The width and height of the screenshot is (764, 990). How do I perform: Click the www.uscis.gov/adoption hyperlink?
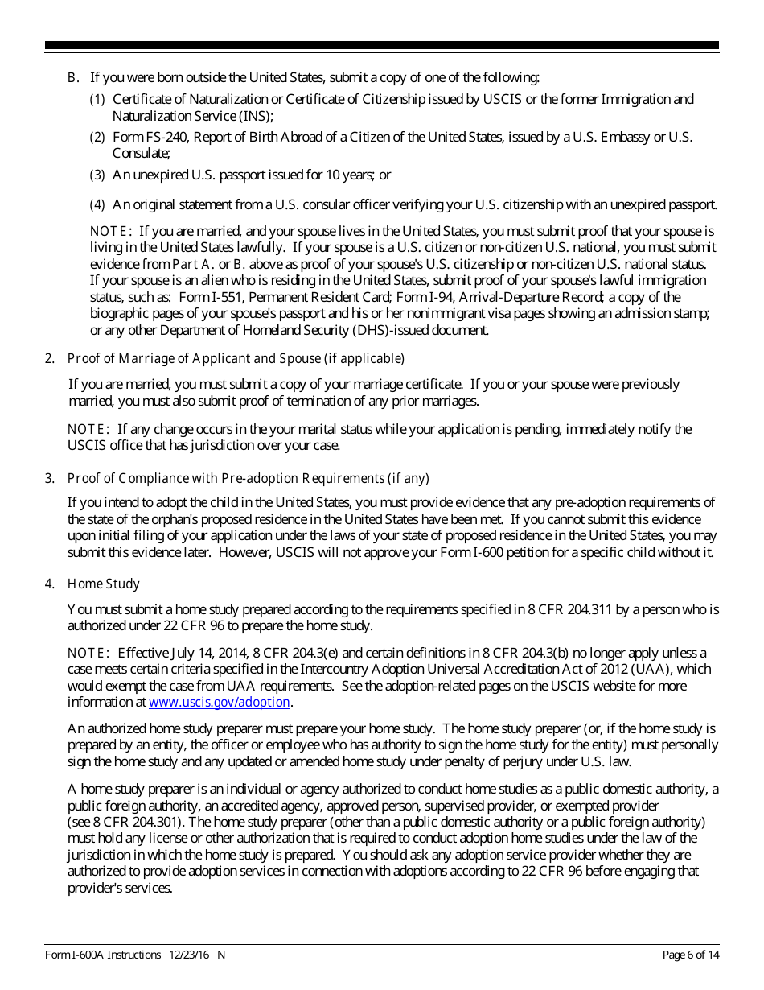(220, 702)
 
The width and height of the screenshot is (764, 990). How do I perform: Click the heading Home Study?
(104, 584)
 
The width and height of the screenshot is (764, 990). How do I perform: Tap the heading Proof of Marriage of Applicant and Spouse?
(236, 358)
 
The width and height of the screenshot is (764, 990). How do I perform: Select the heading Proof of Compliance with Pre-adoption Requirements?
(249, 478)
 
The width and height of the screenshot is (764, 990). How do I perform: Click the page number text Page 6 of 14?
(690, 955)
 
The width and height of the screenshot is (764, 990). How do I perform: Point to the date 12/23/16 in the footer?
(189, 955)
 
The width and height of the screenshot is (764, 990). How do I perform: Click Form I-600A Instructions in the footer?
(104, 955)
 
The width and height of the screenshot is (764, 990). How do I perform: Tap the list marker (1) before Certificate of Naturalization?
(97, 99)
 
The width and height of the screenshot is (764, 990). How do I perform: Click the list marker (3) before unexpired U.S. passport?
(97, 175)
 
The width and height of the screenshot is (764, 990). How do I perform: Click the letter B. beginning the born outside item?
(72, 77)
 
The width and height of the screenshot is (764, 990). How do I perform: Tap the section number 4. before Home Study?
(49, 584)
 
